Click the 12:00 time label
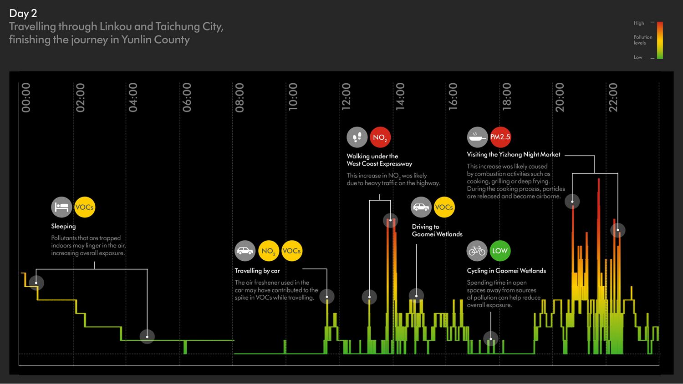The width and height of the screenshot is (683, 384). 346,96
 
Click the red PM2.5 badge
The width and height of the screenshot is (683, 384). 500,137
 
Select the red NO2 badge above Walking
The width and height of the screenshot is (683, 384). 380,137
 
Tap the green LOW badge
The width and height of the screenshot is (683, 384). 500,251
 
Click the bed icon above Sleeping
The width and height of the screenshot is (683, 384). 61,207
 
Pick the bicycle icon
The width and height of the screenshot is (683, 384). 477,251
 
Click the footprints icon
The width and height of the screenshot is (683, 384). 357,137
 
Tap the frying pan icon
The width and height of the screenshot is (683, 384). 477,137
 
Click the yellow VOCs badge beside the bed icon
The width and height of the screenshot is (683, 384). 85,207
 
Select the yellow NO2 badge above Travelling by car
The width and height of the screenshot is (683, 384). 268,251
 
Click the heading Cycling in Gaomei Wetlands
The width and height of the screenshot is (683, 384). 506,271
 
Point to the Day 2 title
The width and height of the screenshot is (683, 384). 23,14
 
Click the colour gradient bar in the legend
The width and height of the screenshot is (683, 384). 659,40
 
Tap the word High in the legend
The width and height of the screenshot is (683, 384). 638,23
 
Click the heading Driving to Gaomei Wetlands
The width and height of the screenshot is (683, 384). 437,230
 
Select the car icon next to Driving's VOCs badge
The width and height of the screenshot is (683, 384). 421,207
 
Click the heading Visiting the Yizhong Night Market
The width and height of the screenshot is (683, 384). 513,155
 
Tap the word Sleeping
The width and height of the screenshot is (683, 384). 63,226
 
